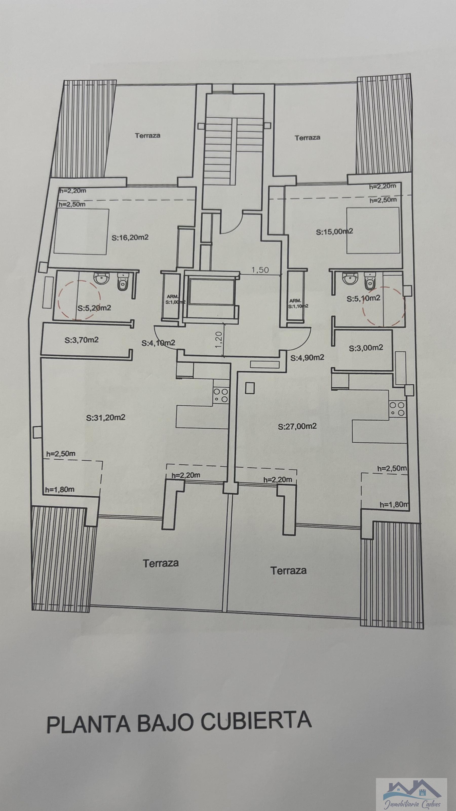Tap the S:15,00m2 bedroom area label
334,232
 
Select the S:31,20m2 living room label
106,418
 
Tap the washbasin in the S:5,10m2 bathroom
348,279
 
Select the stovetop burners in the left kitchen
221,395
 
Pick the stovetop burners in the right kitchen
397,409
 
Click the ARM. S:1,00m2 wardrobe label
173,299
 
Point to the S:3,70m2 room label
82,340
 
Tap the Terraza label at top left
148,136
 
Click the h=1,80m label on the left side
60,490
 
